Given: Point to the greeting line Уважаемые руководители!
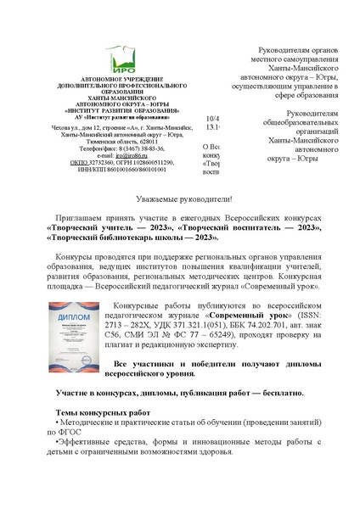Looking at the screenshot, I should [179, 196].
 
